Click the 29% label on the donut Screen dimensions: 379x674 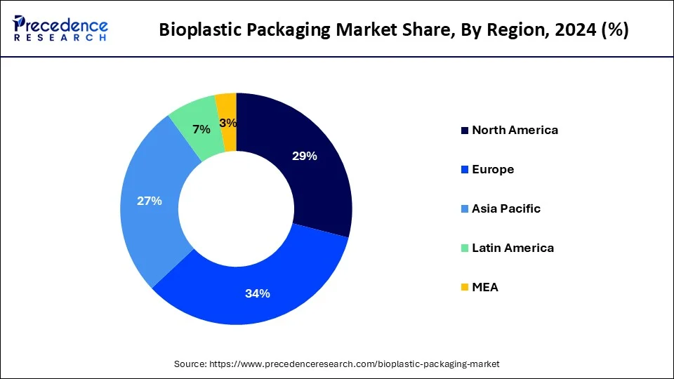point(304,156)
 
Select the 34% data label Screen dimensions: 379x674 point(258,293)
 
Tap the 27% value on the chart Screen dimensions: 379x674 point(150,201)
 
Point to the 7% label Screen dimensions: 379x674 point(201,129)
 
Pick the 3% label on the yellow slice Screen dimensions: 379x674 point(228,123)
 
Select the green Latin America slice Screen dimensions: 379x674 point(193,116)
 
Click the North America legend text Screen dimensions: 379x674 point(515,130)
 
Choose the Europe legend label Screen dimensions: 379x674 point(493,169)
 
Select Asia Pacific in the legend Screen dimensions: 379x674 point(506,208)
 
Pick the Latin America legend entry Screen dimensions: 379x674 point(513,248)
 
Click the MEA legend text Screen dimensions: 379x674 point(485,287)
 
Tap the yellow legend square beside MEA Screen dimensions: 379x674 point(464,288)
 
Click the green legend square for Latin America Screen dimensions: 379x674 point(464,248)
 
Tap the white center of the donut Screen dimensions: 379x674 point(237,208)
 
